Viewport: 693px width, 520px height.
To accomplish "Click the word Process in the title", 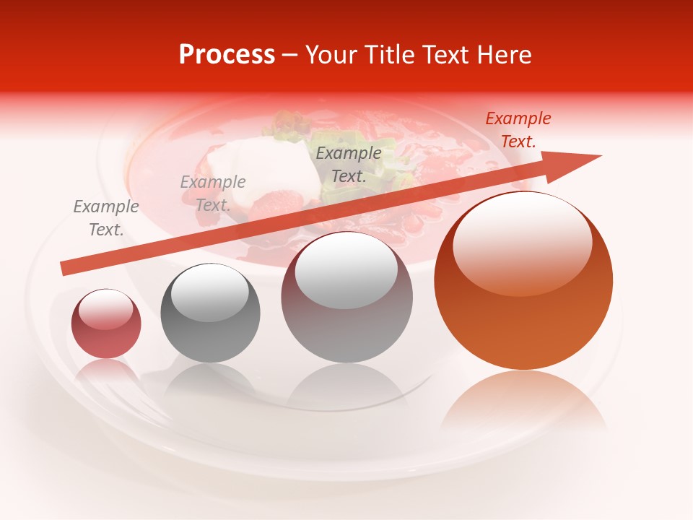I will tap(227, 54).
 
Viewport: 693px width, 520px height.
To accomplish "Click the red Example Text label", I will tap(518, 130).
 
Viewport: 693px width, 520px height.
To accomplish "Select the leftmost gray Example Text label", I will tap(106, 217).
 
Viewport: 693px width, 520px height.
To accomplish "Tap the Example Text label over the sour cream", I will tap(349, 164).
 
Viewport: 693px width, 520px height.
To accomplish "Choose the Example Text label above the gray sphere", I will tap(213, 193).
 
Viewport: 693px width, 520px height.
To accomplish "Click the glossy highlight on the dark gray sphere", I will tap(210, 292).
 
